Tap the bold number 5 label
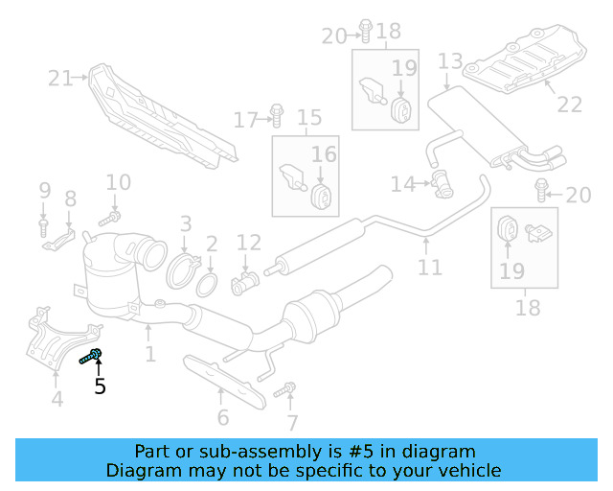coord(100,387)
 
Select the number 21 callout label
coord(60,79)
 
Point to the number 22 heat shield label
coord(570,105)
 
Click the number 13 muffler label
coord(450,63)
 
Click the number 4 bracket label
coord(57,399)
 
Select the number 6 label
coord(222,417)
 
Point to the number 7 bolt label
coord(292,422)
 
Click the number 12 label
coord(248,242)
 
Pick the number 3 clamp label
coord(186,225)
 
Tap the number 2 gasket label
coord(212,246)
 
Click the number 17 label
coord(246,120)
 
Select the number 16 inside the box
coord(324,154)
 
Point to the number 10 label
coord(118,182)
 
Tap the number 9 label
coord(44,191)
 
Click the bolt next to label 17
coord(276,115)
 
